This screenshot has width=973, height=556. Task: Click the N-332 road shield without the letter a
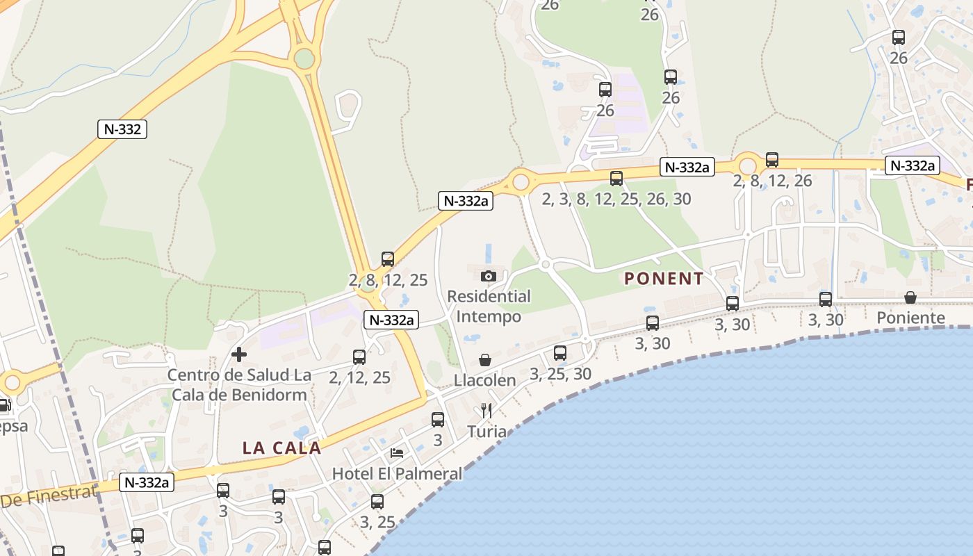click(122, 129)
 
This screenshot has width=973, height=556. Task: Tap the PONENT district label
click(664, 279)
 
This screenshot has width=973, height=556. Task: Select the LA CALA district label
click(281, 448)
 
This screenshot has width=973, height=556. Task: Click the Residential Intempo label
click(489, 306)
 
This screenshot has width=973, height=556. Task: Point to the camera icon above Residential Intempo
click(489, 276)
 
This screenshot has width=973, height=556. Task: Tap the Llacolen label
click(485, 380)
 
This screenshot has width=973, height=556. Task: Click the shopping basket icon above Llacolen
click(485, 360)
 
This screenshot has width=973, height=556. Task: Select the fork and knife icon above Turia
click(486, 411)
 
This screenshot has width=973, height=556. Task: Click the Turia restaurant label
click(486, 432)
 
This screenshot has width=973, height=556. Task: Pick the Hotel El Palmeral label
click(397, 474)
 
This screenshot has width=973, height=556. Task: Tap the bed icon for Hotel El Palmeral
click(397, 453)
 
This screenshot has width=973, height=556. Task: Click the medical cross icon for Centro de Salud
click(239, 354)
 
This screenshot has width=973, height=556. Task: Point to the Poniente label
click(910, 318)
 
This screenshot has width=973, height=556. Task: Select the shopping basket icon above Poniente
click(910, 297)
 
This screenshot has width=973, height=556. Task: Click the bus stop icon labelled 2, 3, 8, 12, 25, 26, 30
click(616, 179)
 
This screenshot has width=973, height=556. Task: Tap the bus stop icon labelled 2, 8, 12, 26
click(772, 160)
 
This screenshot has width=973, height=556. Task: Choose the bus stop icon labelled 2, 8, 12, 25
click(388, 259)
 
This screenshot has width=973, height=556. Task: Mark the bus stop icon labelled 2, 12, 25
click(359, 357)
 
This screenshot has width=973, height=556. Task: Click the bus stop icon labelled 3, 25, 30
click(560, 353)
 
